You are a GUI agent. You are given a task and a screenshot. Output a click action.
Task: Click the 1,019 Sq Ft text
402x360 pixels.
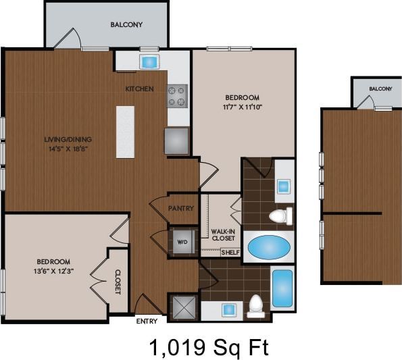[209, 348]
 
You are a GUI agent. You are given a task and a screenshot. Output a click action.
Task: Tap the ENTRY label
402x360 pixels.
[147, 321]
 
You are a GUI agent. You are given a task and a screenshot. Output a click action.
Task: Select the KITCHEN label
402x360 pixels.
[140, 89]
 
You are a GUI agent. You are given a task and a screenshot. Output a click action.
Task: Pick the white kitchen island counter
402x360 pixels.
[125, 132]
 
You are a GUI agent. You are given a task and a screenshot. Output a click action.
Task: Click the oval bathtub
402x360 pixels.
[270, 247]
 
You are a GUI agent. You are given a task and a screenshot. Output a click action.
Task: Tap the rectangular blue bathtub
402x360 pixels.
[282, 288]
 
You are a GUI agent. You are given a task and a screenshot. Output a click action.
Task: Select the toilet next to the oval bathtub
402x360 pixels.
[279, 216]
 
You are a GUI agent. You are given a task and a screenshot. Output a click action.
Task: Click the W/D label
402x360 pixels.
[182, 241]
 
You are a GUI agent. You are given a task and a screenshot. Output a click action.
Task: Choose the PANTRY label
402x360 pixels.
[181, 208]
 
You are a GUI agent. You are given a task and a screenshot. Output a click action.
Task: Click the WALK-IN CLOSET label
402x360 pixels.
[223, 234]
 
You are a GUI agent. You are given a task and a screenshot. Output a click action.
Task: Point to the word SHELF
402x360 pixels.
[230, 252]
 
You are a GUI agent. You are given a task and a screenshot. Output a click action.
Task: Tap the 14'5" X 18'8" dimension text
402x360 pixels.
[67, 149]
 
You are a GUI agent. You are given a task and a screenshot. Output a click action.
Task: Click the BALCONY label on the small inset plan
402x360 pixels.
[380, 89]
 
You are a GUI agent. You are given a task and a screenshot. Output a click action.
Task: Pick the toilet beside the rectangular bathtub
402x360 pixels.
[255, 306]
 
